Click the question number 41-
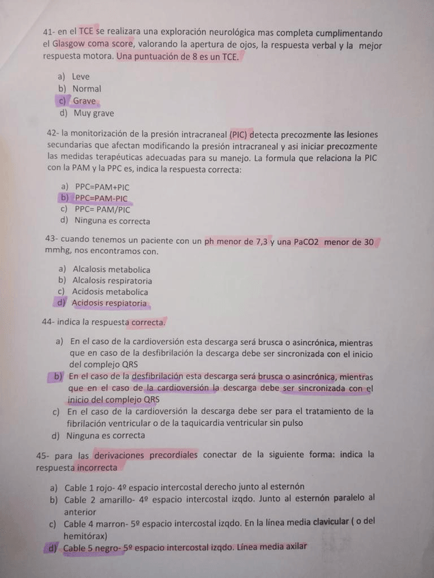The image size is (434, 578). click(x=49, y=33)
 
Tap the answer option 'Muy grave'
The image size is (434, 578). click(x=93, y=113)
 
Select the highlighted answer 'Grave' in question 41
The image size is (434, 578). click(x=85, y=101)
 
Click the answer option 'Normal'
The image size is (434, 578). click(x=87, y=89)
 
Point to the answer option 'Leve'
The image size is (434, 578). click(x=81, y=76)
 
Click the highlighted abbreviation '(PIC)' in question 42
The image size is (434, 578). click(x=240, y=135)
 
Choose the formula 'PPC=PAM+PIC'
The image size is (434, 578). click(x=102, y=187)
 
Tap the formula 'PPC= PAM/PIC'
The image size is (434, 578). click(x=102, y=209)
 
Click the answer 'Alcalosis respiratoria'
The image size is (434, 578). click(x=112, y=280)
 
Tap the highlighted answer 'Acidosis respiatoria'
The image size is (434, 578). click(x=109, y=303)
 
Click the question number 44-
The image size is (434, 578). click(x=48, y=322)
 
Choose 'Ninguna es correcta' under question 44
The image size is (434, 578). click(x=105, y=435)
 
